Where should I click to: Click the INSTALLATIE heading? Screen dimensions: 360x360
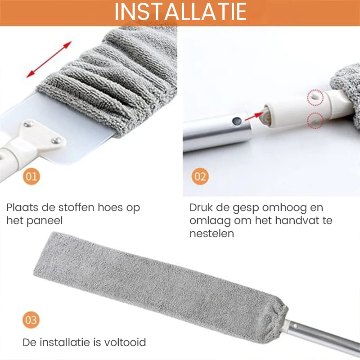(x=180, y=12)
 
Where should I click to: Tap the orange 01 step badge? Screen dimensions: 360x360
(x=31, y=176)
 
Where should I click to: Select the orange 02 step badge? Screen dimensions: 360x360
(x=200, y=176)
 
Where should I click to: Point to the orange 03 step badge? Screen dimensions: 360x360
(x=31, y=320)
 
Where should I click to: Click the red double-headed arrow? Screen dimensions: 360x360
(x=49, y=59)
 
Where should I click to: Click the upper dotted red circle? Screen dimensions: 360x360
(x=315, y=98)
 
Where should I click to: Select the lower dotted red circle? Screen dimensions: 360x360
(x=315, y=120)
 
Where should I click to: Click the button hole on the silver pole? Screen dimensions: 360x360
(x=237, y=121)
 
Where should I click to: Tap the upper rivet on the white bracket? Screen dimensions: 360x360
(x=28, y=124)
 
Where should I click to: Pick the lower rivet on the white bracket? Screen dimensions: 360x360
(x=56, y=140)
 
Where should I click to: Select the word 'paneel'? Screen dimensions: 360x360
(x=45, y=221)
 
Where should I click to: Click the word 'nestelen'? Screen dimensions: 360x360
(x=211, y=234)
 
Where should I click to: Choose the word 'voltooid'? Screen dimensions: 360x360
(x=125, y=342)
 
